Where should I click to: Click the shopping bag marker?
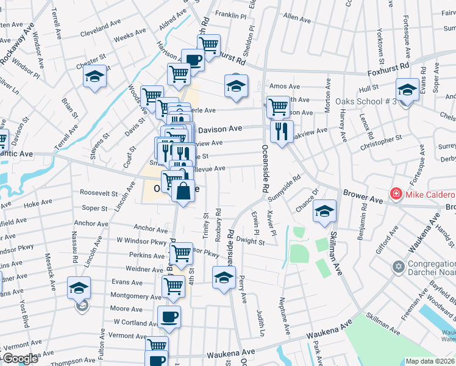pos(183,192)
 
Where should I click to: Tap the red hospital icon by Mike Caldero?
pos(396,194)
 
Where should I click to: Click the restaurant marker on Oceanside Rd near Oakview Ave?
pos(282,132)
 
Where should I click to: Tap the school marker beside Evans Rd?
pos(407,90)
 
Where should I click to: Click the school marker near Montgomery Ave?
pos(79,289)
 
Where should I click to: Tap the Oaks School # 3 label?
pos(366,101)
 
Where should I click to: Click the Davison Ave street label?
pos(220,129)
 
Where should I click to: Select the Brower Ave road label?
pos(363,196)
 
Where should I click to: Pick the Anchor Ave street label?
pos(151,228)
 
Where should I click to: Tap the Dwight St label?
pos(251,242)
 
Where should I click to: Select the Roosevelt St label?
pos(98,193)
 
